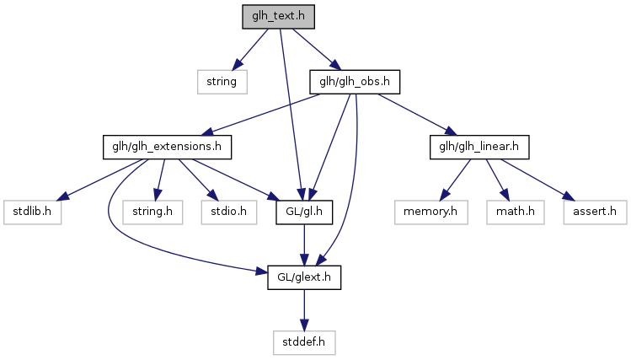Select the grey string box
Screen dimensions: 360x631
pyautogui.click(x=223, y=82)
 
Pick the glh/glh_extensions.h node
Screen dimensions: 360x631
pyautogui.click(x=167, y=148)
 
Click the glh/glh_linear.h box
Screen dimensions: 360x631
pyautogui.click(x=479, y=148)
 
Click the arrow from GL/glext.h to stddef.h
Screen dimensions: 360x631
pyautogui.click(x=303, y=311)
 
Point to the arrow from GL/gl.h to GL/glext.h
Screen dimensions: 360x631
pyautogui.click(x=303, y=245)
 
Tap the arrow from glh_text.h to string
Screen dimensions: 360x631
pyautogui.click(x=251, y=49)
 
